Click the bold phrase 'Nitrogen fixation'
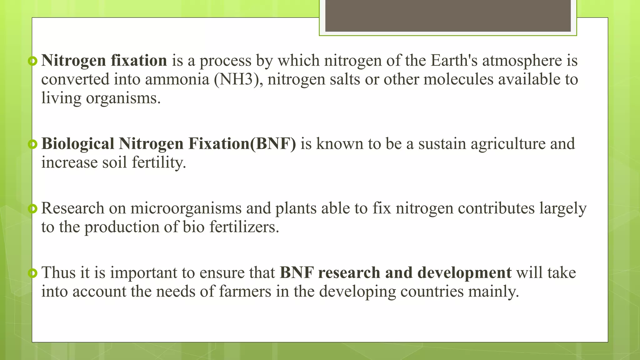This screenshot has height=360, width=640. [104, 61]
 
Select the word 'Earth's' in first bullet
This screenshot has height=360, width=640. [454, 61]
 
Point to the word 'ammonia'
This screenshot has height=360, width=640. [177, 79]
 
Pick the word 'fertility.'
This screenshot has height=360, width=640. [159, 163]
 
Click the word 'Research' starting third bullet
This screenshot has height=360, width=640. [72, 208]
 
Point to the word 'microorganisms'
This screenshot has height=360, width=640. [186, 208]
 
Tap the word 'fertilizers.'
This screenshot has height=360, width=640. [244, 227]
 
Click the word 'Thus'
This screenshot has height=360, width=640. [58, 273]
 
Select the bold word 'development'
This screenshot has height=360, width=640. [464, 273]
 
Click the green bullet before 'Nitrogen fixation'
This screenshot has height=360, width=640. [32, 61]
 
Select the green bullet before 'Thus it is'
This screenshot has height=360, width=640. [32, 273]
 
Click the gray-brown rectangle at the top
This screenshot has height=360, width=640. [448, 16]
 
